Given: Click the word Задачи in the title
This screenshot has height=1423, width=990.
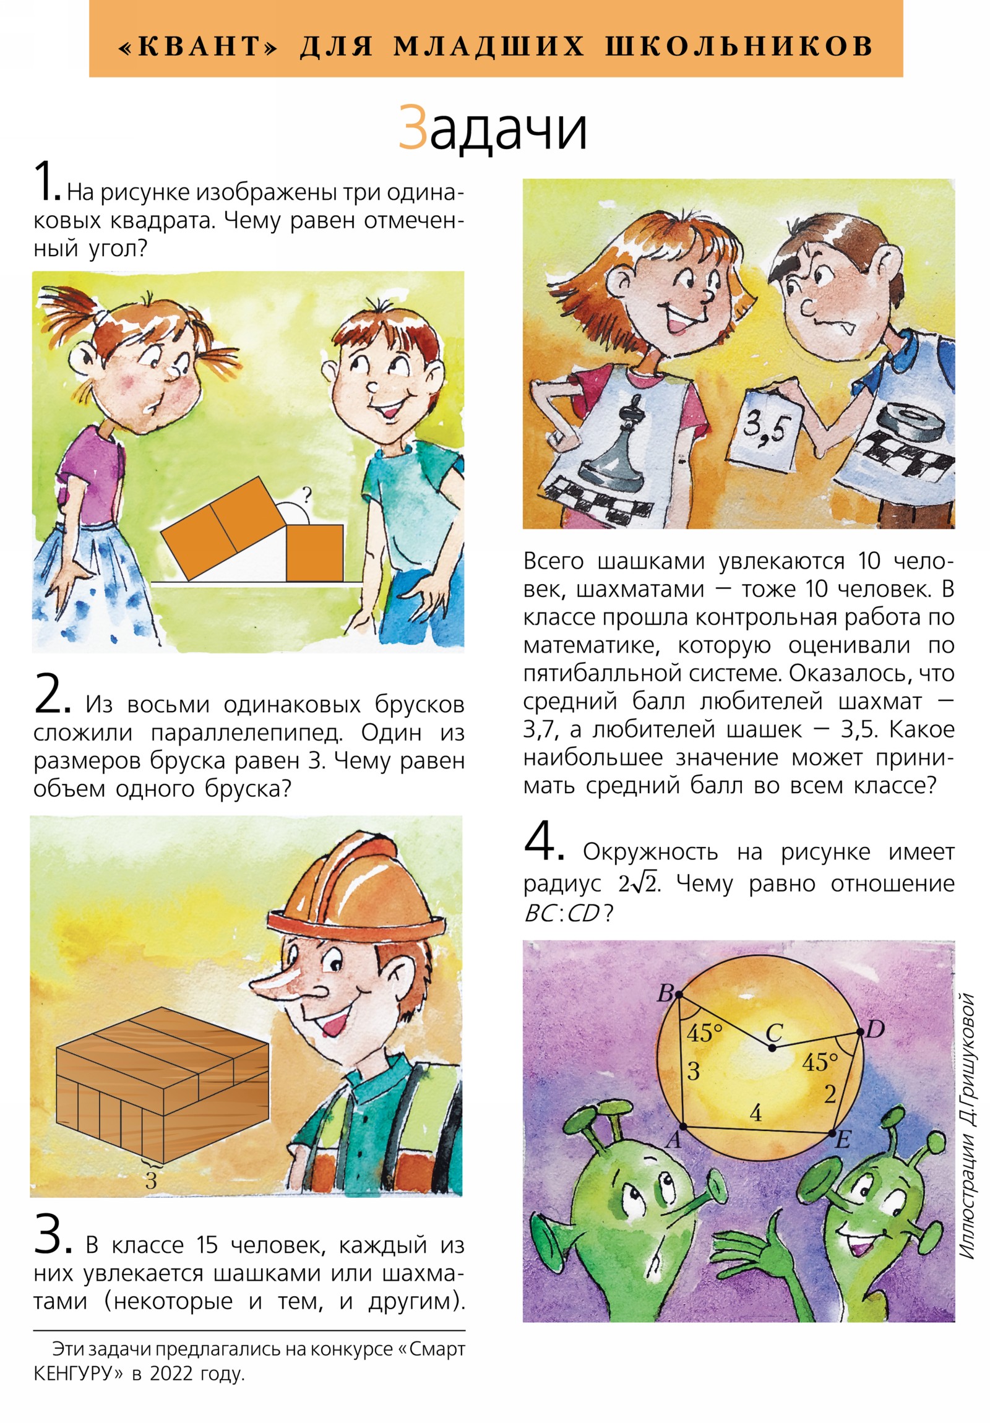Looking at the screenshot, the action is pos(493,127).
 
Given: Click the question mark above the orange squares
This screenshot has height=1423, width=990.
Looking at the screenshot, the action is pos(306,494).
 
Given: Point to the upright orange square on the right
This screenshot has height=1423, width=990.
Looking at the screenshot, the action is pos(314,553).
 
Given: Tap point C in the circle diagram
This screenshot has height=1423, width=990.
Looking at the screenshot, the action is pos(772,1047).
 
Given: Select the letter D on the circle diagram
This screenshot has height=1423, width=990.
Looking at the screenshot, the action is pos(874,1030).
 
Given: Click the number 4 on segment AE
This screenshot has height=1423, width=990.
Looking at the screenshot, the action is pos(755,1113).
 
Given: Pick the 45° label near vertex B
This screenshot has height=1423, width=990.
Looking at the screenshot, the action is pos(704,1033).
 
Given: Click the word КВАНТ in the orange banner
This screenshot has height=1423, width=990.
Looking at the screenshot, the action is pos(199,46).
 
